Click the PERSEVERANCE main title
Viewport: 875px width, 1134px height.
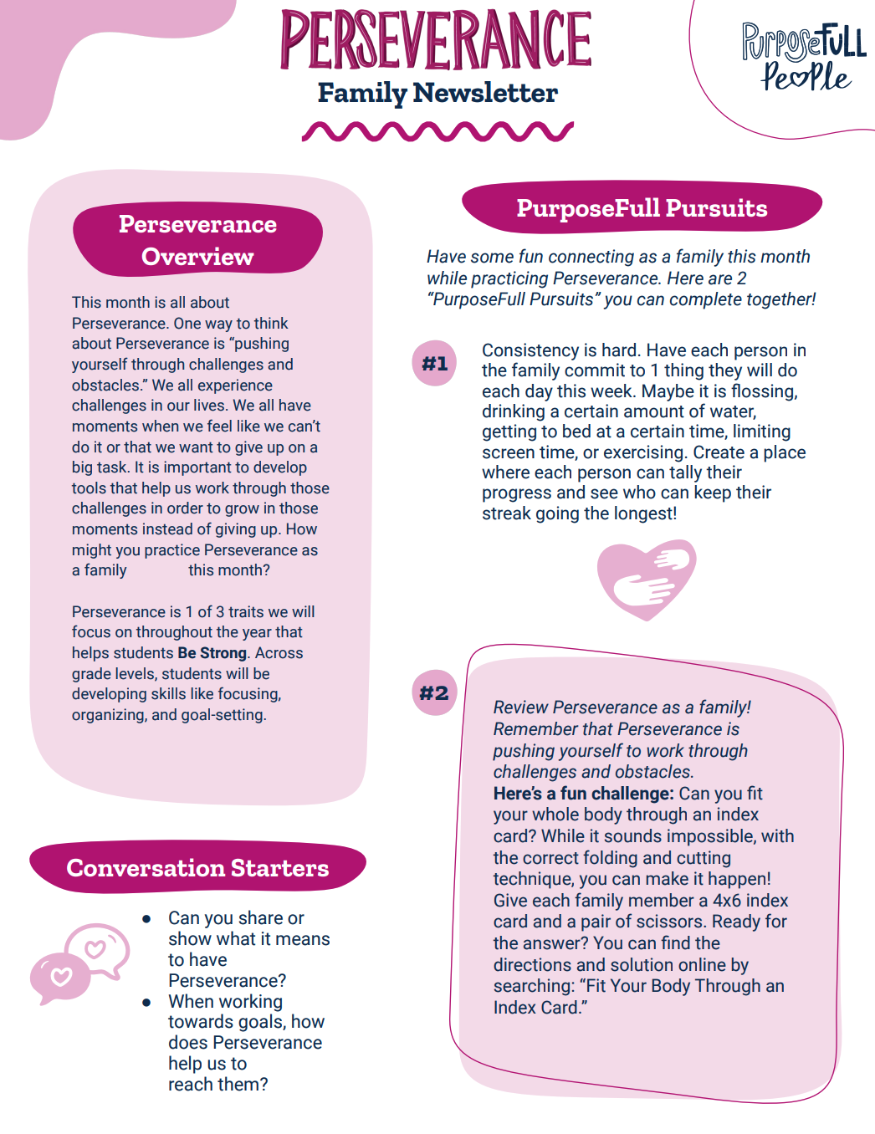point(436,39)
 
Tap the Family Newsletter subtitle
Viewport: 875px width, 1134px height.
point(437,93)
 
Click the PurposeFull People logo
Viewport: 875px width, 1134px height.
point(803,57)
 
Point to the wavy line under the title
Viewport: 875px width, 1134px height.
point(437,131)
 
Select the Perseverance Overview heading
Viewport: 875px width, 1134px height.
point(197,240)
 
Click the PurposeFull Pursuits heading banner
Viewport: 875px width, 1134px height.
point(642,208)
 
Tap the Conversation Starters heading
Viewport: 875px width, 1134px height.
point(197,868)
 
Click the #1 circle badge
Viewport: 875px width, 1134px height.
point(435,363)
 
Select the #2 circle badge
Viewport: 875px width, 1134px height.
point(435,692)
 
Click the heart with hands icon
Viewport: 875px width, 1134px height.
point(647,579)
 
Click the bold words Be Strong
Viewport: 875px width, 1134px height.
point(212,653)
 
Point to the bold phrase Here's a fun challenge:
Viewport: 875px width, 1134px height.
point(583,794)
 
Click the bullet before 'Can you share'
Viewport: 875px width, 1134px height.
point(147,919)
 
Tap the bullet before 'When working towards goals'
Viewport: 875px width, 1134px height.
point(147,1002)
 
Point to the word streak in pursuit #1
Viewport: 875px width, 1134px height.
point(506,513)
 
